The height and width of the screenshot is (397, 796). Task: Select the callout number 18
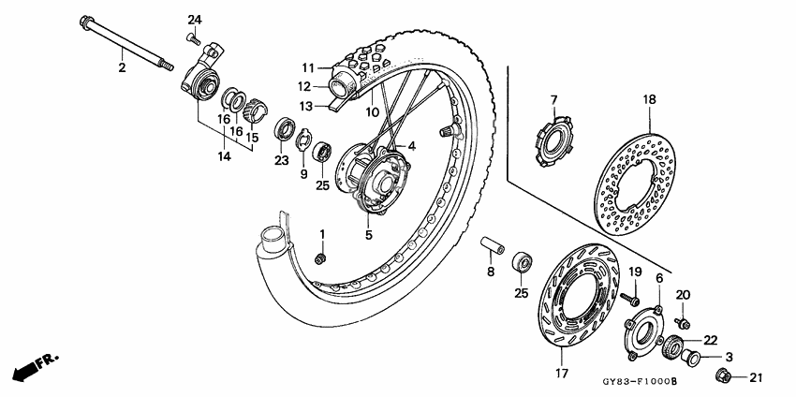coord(648,99)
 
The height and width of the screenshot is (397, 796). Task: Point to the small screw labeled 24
coord(191,37)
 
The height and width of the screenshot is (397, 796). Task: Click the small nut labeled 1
coord(320,257)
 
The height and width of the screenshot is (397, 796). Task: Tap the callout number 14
coord(224,156)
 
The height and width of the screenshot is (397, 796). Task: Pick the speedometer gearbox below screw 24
coord(202,72)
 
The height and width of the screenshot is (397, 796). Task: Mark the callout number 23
coord(280,159)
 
